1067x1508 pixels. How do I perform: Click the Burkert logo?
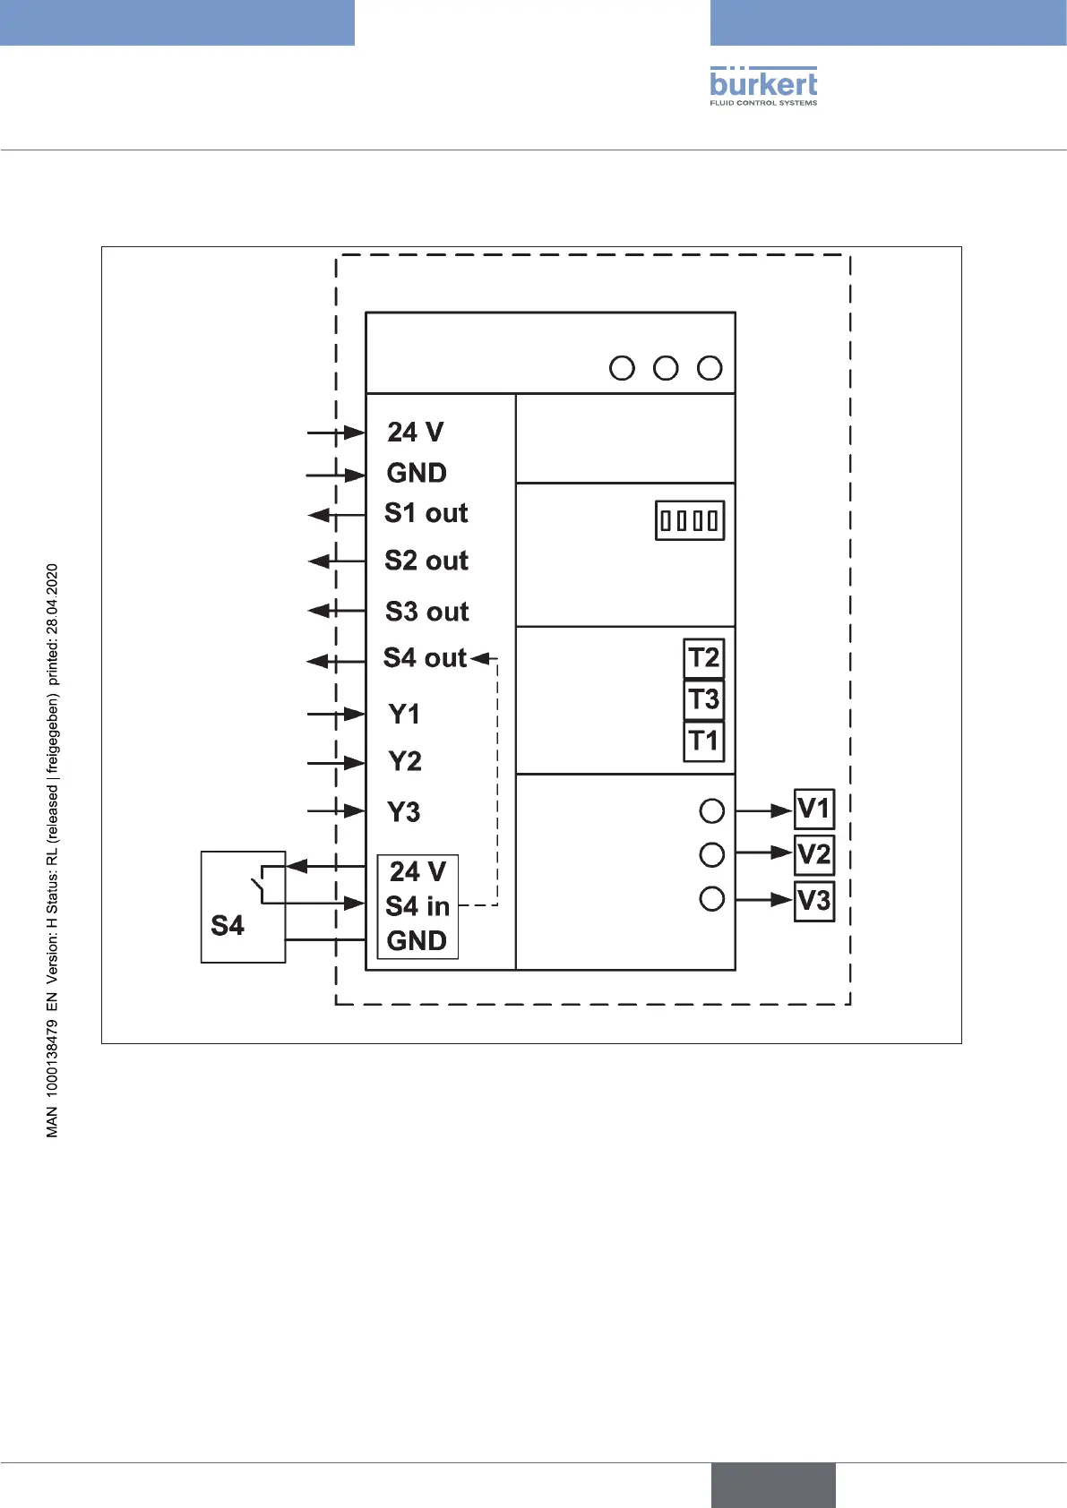point(763,86)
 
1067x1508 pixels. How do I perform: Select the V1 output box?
point(814,809)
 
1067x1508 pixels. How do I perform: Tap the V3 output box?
point(814,900)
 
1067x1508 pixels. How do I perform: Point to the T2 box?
point(704,658)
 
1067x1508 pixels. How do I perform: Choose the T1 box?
point(704,741)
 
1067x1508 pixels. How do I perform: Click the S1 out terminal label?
point(426,513)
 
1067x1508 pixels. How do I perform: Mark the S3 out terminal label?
point(427,612)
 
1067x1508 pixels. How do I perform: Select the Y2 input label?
point(405,761)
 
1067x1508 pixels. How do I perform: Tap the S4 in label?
point(417,906)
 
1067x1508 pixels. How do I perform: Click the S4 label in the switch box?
point(228,925)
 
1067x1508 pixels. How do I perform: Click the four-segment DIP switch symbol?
point(690,520)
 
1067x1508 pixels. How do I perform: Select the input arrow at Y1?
point(336,715)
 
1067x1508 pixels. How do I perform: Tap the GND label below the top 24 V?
point(417,473)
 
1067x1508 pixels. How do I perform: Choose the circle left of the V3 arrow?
point(712,898)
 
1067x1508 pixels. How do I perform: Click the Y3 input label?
point(404,812)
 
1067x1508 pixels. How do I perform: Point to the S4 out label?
point(425,658)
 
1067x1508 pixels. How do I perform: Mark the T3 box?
point(704,699)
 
